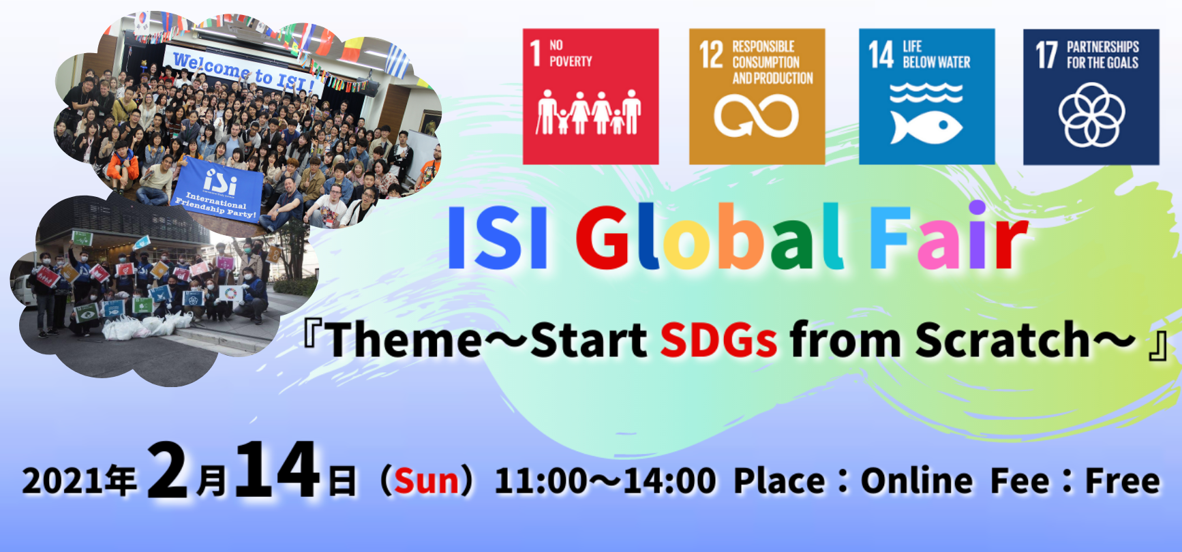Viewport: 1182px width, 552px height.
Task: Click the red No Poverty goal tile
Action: [x=590, y=96]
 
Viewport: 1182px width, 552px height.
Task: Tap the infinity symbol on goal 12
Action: [x=756, y=115]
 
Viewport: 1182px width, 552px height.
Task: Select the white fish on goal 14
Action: [x=926, y=127]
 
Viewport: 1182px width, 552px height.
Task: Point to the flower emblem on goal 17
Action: [x=1091, y=114]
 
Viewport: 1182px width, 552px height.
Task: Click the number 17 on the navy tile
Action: [x=1046, y=55]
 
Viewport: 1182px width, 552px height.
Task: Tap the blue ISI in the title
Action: [x=498, y=237]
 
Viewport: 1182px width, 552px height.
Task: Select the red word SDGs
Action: [x=718, y=339]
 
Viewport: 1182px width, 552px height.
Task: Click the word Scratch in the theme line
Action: [x=1003, y=339]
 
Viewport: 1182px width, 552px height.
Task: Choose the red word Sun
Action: [x=427, y=480]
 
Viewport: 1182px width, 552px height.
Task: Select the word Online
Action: [x=917, y=480]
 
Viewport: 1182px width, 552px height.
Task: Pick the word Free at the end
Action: [x=1122, y=480]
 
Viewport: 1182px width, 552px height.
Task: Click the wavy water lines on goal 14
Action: [x=926, y=93]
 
